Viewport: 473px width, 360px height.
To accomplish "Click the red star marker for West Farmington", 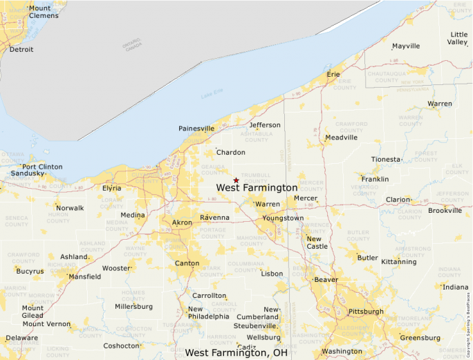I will click(x=236, y=180).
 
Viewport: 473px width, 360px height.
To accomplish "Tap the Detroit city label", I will click(x=21, y=50).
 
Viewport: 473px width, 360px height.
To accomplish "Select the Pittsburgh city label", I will click(x=366, y=312).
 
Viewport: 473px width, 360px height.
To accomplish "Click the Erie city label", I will click(x=334, y=73).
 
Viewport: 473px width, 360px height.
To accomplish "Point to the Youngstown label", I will click(x=282, y=218).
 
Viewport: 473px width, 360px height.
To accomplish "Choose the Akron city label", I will click(x=182, y=222).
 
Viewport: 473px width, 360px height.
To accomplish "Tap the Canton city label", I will click(x=187, y=263).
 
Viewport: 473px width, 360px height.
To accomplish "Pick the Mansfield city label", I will click(x=84, y=276).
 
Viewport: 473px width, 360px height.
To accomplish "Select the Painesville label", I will click(x=196, y=129).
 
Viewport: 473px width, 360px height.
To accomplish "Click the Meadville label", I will click(x=341, y=138).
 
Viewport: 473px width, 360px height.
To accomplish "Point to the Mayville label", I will click(x=406, y=46).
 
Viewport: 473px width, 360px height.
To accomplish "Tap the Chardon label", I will click(x=230, y=152).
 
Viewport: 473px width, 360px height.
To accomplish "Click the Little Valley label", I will click(x=458, y=38).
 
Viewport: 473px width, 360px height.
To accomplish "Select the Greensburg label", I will click(x=420, y=338).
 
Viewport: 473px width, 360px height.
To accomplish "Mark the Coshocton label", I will click(x=122, y=345).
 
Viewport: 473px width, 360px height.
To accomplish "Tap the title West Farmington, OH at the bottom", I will click(x=236, y=353).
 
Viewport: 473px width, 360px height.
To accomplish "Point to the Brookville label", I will click(x=445, y=210).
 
